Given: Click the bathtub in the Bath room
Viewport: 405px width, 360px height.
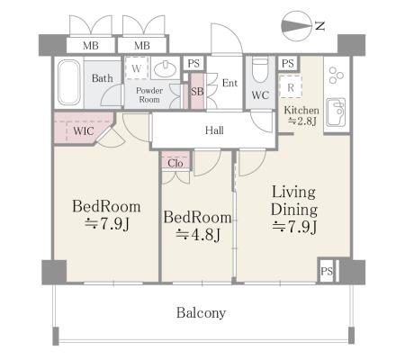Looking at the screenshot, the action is coord(68,82).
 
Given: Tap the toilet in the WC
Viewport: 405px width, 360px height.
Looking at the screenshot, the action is coord(260,70).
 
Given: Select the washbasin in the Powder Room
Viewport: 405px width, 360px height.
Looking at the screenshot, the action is coord(165,69).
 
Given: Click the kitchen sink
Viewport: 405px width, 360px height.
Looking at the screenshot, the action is coord(336,112).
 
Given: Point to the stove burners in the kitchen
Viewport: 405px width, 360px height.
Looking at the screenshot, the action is coord(336,75).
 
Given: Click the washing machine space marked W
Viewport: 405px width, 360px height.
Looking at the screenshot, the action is coord(137,68).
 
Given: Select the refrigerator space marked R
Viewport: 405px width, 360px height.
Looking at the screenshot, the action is coord(291,87).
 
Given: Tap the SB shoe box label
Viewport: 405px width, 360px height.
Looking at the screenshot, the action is coord(197,91).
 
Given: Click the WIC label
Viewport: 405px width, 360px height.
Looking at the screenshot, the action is coord(84,130).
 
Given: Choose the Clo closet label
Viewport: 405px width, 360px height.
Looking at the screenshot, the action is coord(175,163).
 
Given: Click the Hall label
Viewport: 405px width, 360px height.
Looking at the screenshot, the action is coord(214,130).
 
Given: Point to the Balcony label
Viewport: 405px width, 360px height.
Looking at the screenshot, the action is coord(201,313).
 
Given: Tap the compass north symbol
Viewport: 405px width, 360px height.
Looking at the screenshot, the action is coord(296,26).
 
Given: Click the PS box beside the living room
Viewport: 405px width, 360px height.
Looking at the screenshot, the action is coord(327,271).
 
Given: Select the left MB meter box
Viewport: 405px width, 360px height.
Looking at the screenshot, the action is coord(91,46).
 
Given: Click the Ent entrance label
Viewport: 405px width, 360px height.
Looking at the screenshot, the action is coord(229,83).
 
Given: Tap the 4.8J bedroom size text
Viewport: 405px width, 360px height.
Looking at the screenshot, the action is coord(198,235).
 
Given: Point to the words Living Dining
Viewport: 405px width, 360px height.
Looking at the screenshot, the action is coord(294,201).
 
